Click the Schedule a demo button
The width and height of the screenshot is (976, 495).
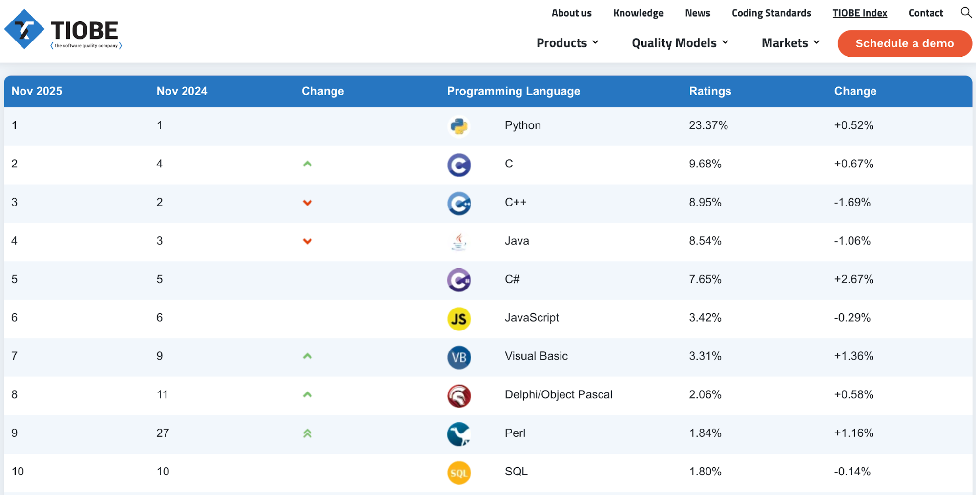click(904, 43)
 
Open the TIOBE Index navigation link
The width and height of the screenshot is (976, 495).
click(859, 13)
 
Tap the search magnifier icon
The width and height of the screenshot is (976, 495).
click(965, 12)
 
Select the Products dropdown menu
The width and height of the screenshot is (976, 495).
click(567, 43)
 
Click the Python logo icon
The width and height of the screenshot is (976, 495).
click(459, 126)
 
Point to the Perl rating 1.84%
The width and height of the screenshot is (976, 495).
click(705, 433)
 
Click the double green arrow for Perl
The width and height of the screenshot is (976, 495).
click(307, 433)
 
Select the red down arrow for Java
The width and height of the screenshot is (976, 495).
click(307, 241)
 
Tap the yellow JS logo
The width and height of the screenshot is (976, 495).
click(459, 319)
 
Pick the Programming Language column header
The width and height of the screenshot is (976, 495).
click(513, 91)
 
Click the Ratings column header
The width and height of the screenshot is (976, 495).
click(709, 91)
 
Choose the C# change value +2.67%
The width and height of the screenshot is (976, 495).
click(853, 279)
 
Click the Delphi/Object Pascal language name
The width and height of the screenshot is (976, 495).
click(558, 394)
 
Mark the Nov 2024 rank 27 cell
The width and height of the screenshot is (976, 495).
click(163, 433)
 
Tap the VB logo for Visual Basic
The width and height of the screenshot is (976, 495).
click(459, 357)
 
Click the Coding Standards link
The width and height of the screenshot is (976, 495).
click(771, 13)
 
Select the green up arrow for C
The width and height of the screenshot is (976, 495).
click(307, 164)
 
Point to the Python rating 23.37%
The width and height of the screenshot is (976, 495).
click(708, 125)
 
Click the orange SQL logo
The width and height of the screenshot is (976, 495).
click(459, 473)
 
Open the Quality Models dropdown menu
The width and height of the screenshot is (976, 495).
click(680, 43)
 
